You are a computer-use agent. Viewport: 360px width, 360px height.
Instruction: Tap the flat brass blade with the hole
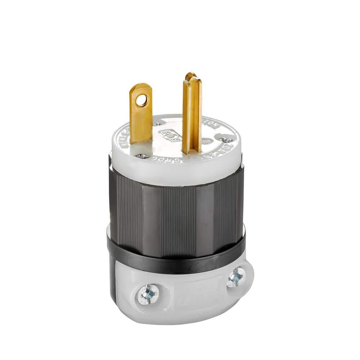coord(141,115)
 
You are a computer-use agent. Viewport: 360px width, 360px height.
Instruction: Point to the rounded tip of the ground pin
coord(190,77)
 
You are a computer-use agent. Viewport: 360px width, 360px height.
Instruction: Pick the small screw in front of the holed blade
coord(141,156)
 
